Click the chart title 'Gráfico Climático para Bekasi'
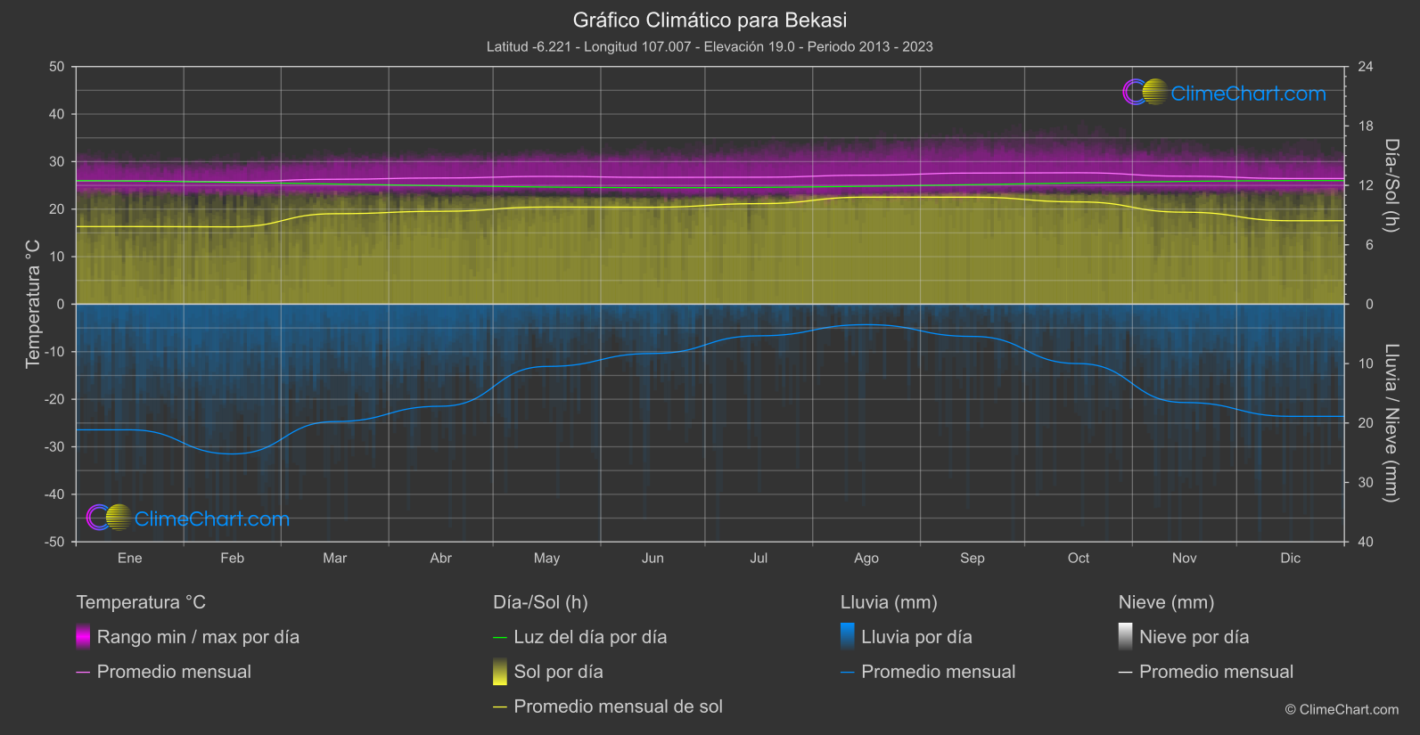coord(710,20)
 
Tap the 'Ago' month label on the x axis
coord(866,558)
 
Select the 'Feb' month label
coord(232,558)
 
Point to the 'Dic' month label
coord(1290,558)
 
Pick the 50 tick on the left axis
coord(57,67)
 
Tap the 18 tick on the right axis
coord(1366,126)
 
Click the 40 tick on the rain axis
coord(1366,542)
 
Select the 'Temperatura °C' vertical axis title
coord(33,304)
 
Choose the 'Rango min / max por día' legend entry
coord(198,637)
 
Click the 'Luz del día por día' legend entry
coord(590,637)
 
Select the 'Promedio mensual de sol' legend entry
coord(618,706)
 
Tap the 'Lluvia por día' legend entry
coord(916,637)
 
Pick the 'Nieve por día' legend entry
coord(1194,637)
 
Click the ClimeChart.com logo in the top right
coord(1225,93)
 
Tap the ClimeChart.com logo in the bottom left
coord(188,519)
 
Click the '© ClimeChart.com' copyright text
coord(1342,709)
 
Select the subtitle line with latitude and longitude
coord(710,46)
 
